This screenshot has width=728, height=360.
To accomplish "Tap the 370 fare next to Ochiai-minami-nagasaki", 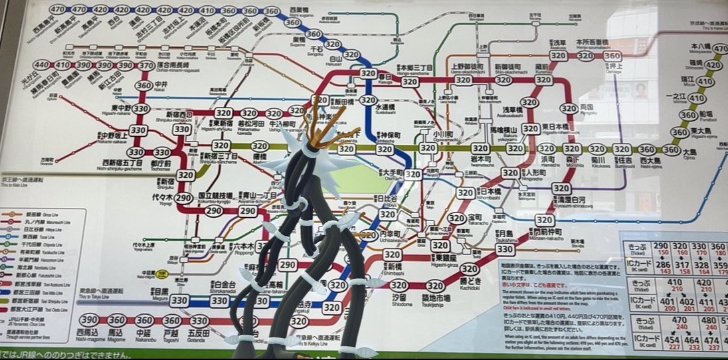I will coord(146,65).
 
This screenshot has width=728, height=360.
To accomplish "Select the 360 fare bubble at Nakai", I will coord(143,86).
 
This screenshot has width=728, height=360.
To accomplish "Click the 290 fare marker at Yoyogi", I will coord(184,198).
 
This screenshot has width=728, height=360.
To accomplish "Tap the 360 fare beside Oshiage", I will coord(612,56).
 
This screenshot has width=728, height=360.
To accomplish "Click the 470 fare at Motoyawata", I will coord(713,48).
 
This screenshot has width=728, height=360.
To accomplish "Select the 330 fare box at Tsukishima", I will coord(504,249).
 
